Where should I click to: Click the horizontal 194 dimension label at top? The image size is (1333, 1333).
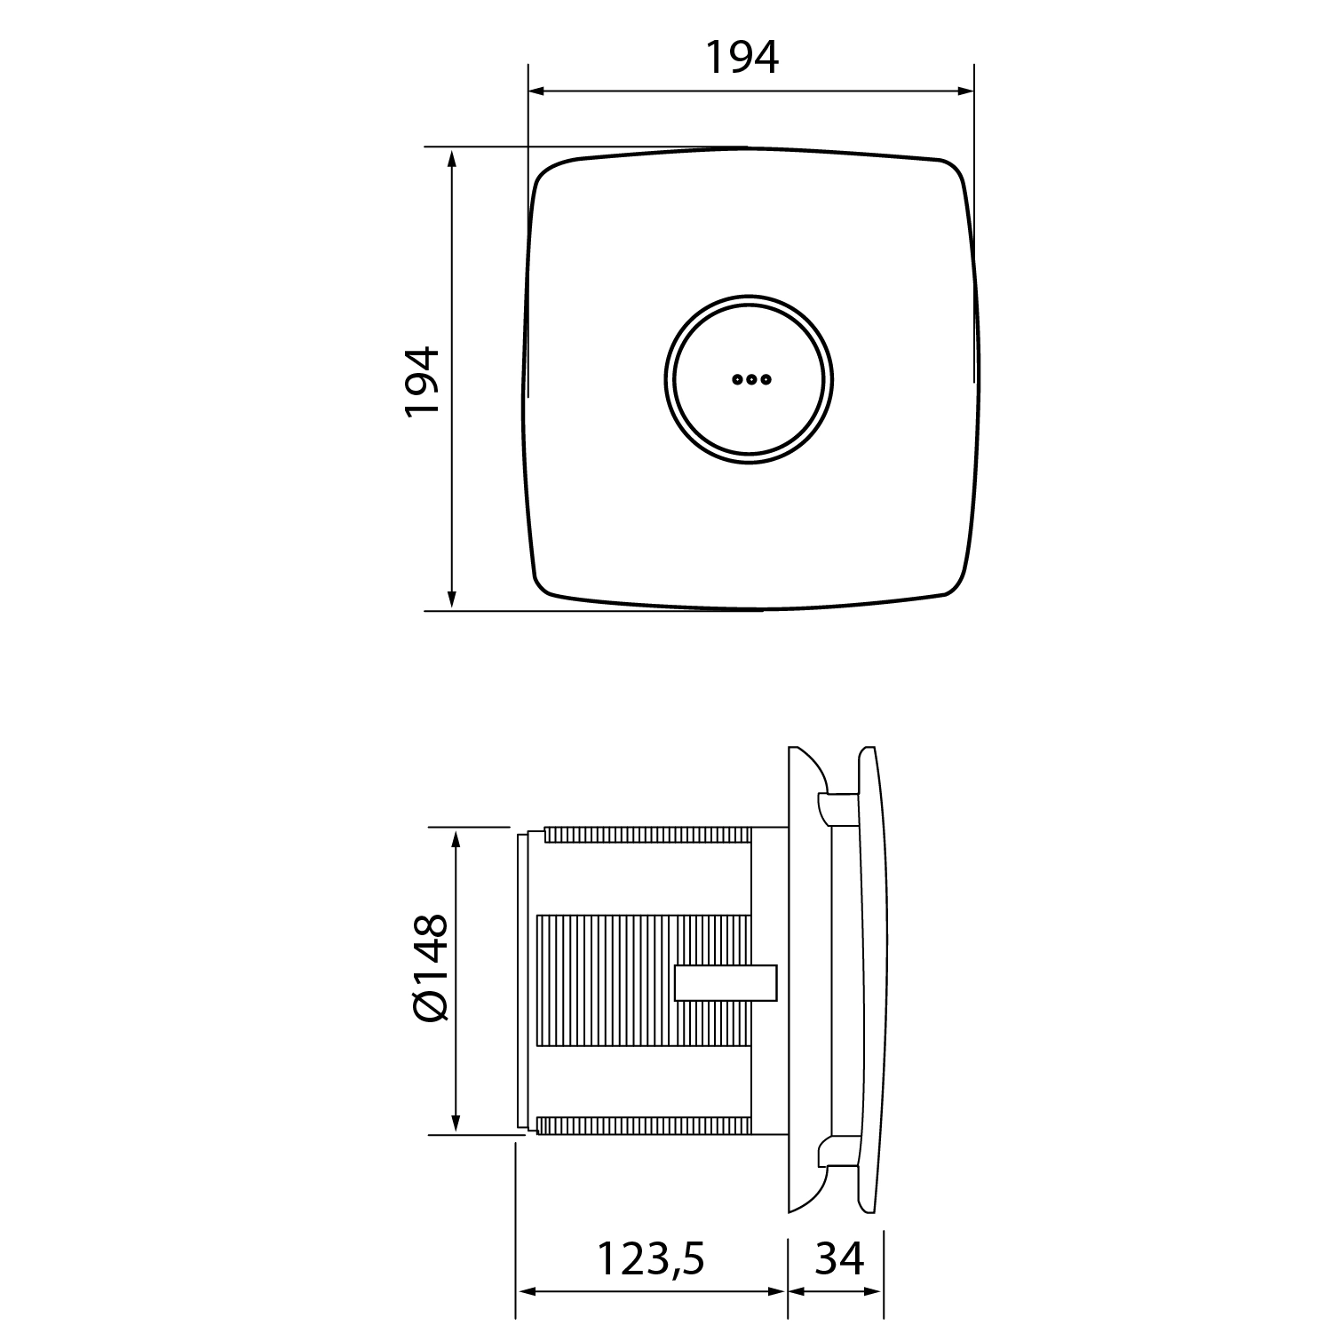click(742, 58)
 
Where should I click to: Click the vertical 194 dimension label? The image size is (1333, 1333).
click(423, 381)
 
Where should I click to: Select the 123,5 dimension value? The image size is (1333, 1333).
click(651, 1258)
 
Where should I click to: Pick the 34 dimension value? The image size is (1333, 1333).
click(839, 1258)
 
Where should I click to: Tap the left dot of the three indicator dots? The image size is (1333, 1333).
click(737, 379)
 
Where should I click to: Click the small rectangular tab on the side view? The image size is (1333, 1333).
click(726, 983)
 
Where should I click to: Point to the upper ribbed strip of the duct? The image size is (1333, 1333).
click(648, 835)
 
